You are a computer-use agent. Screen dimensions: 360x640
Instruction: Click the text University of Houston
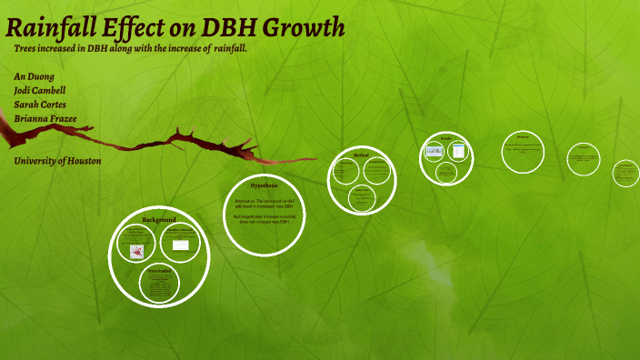(x=57, y=161)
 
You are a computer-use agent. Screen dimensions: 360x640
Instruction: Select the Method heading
(x=361, y=155)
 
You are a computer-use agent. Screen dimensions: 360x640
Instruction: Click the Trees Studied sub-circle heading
(x=159, y=271)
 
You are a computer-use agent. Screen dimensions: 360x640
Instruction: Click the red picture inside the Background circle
(x=136, y=252)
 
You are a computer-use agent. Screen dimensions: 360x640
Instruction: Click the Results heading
(x=446, y=138)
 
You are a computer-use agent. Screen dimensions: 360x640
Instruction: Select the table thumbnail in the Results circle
(x=459, y=151)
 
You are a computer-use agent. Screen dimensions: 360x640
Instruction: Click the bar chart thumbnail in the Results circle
(x=435, y=151)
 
